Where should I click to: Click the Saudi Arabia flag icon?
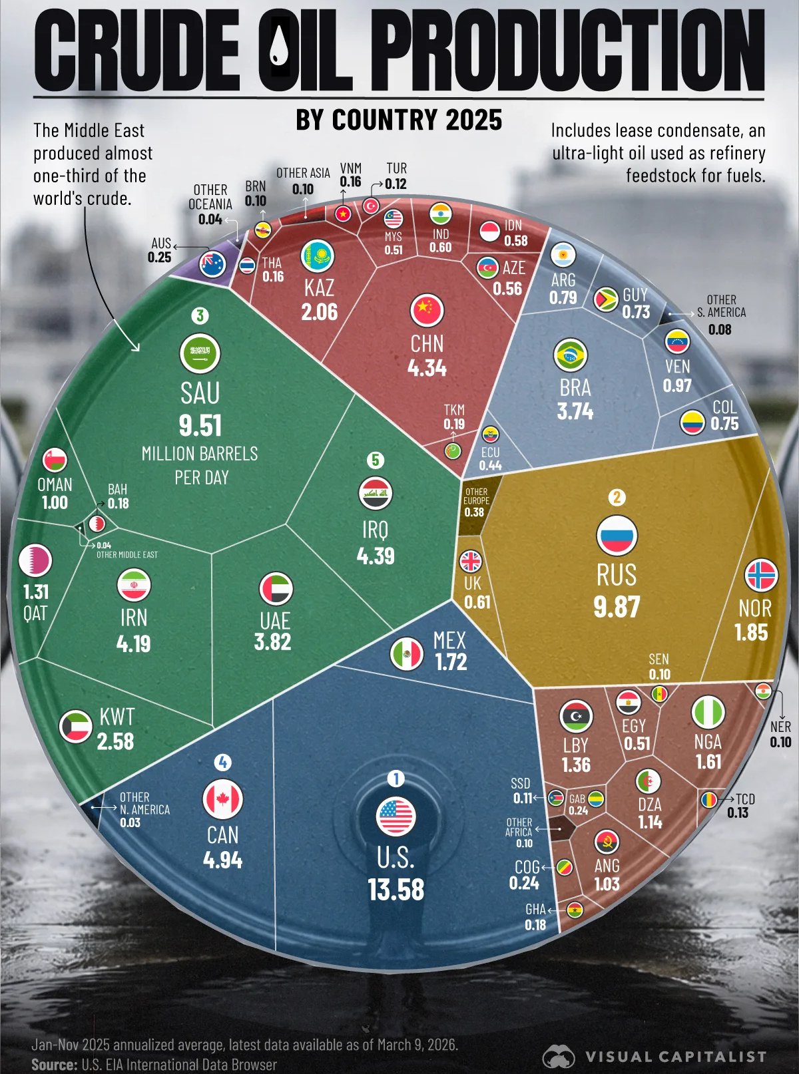coord(200,353)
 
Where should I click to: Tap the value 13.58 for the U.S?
coord(396,890)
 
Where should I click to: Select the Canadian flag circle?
coord(223,799)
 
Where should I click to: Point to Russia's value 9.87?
coord(617,607)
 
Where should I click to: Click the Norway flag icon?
coord(761,576)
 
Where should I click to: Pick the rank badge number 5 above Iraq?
coord(376,460)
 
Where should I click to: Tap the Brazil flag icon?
coord(571,355)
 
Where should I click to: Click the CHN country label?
coord(427,344)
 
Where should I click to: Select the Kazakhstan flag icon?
coord(318,256)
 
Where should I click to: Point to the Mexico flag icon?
coord(407,654)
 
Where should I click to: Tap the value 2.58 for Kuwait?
coord(116,741)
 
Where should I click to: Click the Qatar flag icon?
coord(35,561)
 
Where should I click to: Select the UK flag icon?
coord(471,561)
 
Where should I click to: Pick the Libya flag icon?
coord(576,716)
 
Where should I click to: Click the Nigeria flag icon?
coord(707,712)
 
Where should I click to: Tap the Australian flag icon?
coord(213,265)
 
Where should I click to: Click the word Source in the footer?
coord(54,1065)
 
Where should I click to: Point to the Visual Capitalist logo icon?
coord(559,1056)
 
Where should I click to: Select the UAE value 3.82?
coord(273,642)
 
